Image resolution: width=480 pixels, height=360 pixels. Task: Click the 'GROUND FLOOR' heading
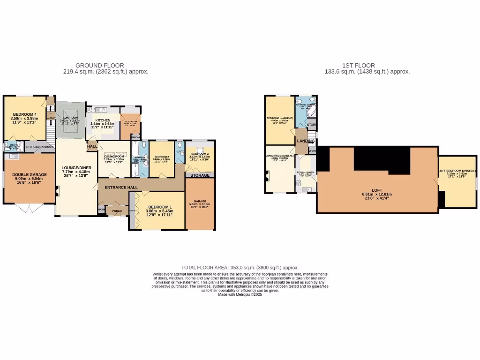pyautogui.click(x=100, y=66)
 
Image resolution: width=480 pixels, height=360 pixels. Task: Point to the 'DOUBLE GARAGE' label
pyautogui.click(x=29, y=174)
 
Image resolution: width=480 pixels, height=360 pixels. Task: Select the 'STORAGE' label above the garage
pyautogui.click(x=200, y=175)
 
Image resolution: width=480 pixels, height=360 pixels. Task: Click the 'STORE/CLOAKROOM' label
pyautogui.click(x=40, y=147)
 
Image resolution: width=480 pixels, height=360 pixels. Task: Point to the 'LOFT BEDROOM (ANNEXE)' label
pyautogui.click(x=457, y=171)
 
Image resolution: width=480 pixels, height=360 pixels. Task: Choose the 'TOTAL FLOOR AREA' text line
pyautogui.click(x=240, y=266)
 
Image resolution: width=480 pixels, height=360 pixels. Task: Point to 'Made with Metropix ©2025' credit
pyautogui.click(x=240, y=294)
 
